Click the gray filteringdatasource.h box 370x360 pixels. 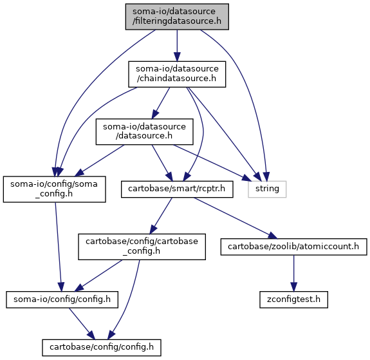(177, 17)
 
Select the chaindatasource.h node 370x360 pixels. (177, 74)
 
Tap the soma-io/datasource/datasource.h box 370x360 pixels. (144, 131)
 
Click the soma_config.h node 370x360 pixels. (54, 189)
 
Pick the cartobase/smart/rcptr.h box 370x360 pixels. (177, 189)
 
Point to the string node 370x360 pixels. (267, 189)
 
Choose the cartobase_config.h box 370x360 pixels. (142, 247)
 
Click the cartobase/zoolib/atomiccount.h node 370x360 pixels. (294, 247)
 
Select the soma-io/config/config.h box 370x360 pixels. (62, 299)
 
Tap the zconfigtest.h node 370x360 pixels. (294, 299)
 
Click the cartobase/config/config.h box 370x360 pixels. (102, 348)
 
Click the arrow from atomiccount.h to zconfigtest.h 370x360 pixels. (294, 273)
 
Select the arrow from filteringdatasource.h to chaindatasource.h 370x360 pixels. (177, 46)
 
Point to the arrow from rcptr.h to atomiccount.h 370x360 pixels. (236, 218)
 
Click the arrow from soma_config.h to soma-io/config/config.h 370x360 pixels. (59, 247)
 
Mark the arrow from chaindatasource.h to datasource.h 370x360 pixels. (161, 103)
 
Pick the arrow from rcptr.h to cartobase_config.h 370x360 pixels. (161, 216)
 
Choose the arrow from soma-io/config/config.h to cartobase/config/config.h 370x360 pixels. (82, 324)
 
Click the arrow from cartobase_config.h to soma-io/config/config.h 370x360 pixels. (98, 276)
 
